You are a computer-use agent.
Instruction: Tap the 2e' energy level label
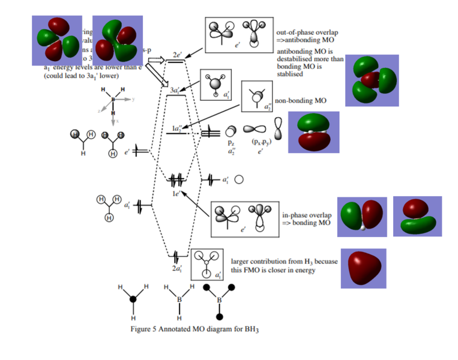177,55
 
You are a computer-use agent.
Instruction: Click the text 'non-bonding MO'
300,101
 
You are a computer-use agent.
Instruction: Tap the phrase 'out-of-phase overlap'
304,32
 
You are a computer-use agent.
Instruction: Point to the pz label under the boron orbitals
230,143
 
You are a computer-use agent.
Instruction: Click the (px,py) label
259,143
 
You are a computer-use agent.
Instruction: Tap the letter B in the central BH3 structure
178,298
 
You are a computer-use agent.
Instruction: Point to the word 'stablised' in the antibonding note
289,74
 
